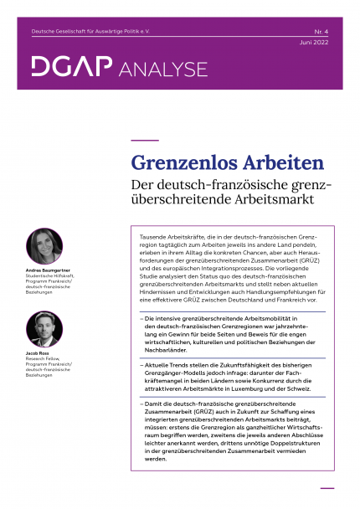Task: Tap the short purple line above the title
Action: click(146, 140)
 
